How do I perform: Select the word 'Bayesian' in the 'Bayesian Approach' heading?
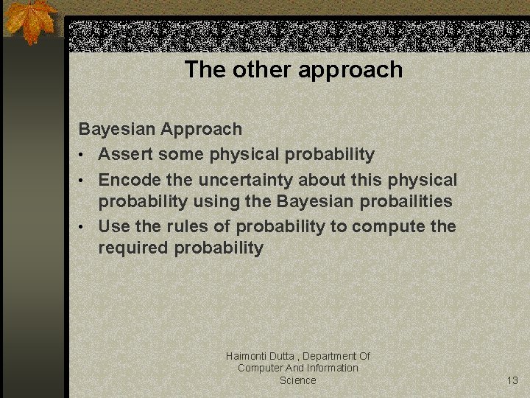(117, 130)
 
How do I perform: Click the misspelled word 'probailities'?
(406, 201)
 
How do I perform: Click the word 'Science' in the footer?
(297, 380)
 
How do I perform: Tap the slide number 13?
(512, 380)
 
